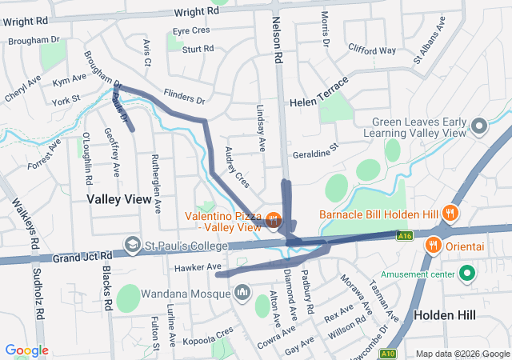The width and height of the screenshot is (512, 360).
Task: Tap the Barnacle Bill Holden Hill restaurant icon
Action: pyautogui.click(x=451, y=214)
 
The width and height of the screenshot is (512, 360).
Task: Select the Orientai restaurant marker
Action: pyautogui.click(x=434, y=245)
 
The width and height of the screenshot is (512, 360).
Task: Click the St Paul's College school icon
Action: pyautogui.click(x=131, y=243)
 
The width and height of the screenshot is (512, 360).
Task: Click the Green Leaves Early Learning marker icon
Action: pyautogui.click(x=478, y=126)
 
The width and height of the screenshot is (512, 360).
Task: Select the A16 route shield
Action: pyautogui.click(x=406, y=235)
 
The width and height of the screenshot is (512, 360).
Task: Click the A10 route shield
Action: pyautogui.click(x=388, y=352)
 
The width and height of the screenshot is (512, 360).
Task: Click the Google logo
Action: pyautogui.click(x=26, y=350)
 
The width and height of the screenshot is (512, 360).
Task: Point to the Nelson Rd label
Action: pyautogui.click(x=278, y=40)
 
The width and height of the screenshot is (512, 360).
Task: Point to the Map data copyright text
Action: pyautogui.click(x=462, y=354)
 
